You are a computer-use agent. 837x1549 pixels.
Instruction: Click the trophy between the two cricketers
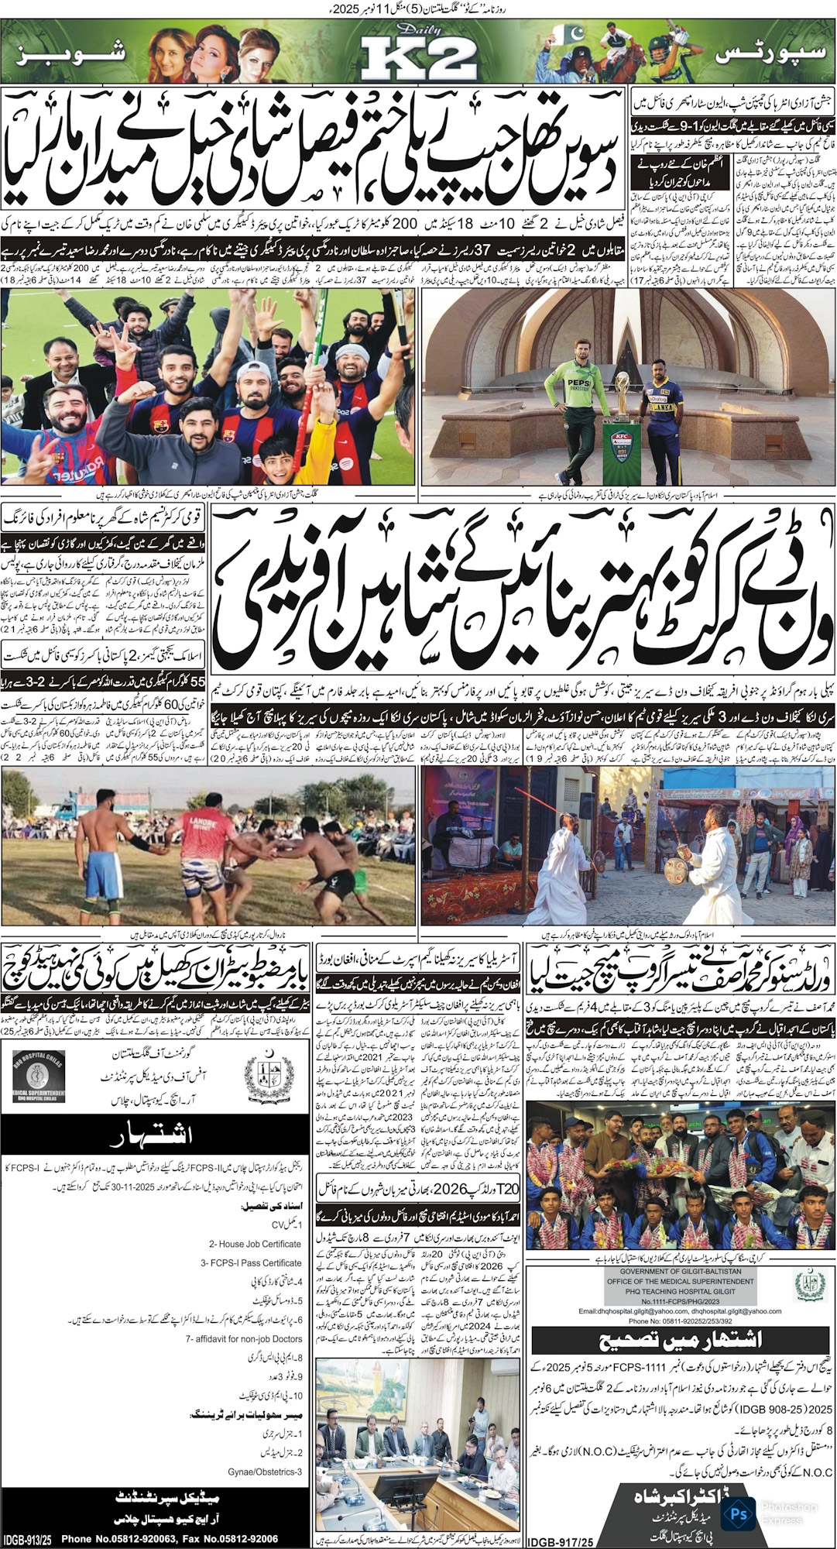(x=621, y=419)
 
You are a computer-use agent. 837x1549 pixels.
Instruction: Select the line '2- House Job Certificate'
(x=255, y=1244)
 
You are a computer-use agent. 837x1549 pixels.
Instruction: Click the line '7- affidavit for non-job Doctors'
(x=244, y=1338)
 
